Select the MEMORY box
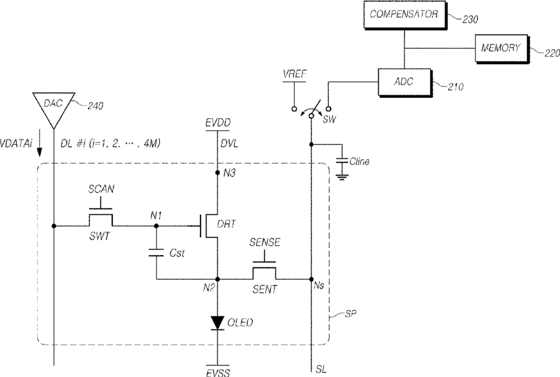(x=502, y=48)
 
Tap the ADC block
(x=405, y=82)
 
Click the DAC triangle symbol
(x=54, y=109)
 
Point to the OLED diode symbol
(x=217, y=322)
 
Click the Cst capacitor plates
(x=156, y=252)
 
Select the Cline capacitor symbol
(x=342, y=161)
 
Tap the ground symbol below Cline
(x=342, y=176)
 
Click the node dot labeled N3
(x=217, y=173)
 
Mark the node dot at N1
(x=156, y=226)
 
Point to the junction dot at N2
(x=217, y=279)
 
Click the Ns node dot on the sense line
(x=311, y=279)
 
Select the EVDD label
(x=218, y=123)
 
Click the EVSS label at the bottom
(x=218, y=372)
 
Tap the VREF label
(x=295, y=74)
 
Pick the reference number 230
(x=470, y=19)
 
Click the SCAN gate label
(x=101, y=189)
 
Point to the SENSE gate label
(x=265, y=243)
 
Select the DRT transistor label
(x=226, y=224)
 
